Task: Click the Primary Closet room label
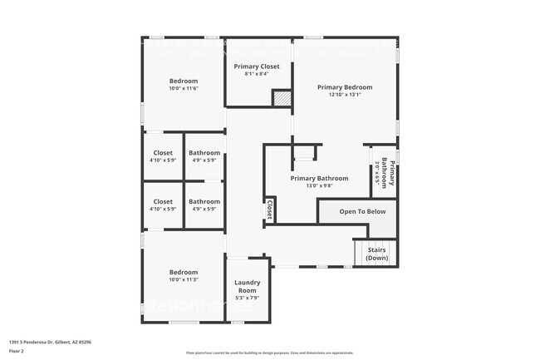(256, 67)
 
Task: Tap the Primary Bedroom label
(344, 87)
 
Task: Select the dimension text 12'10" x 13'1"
(344, 95)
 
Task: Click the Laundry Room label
(248, 286)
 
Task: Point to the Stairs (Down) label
(376, 254)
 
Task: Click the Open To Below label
(362, 211)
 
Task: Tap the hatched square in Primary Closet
(282, 98)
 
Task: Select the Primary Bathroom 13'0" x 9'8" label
(319, 182)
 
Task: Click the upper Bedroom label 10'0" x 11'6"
(184, 84)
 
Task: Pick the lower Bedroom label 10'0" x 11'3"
(184, 276)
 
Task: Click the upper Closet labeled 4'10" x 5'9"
(163, 156)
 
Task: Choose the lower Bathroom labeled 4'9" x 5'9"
(204, 205)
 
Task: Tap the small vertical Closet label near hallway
(270, 210)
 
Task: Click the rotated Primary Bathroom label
(385, 171)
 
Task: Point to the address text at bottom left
(50, 341)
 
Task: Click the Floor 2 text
(17, 352)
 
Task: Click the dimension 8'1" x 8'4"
(256, 75)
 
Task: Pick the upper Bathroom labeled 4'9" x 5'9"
(204, 156)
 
